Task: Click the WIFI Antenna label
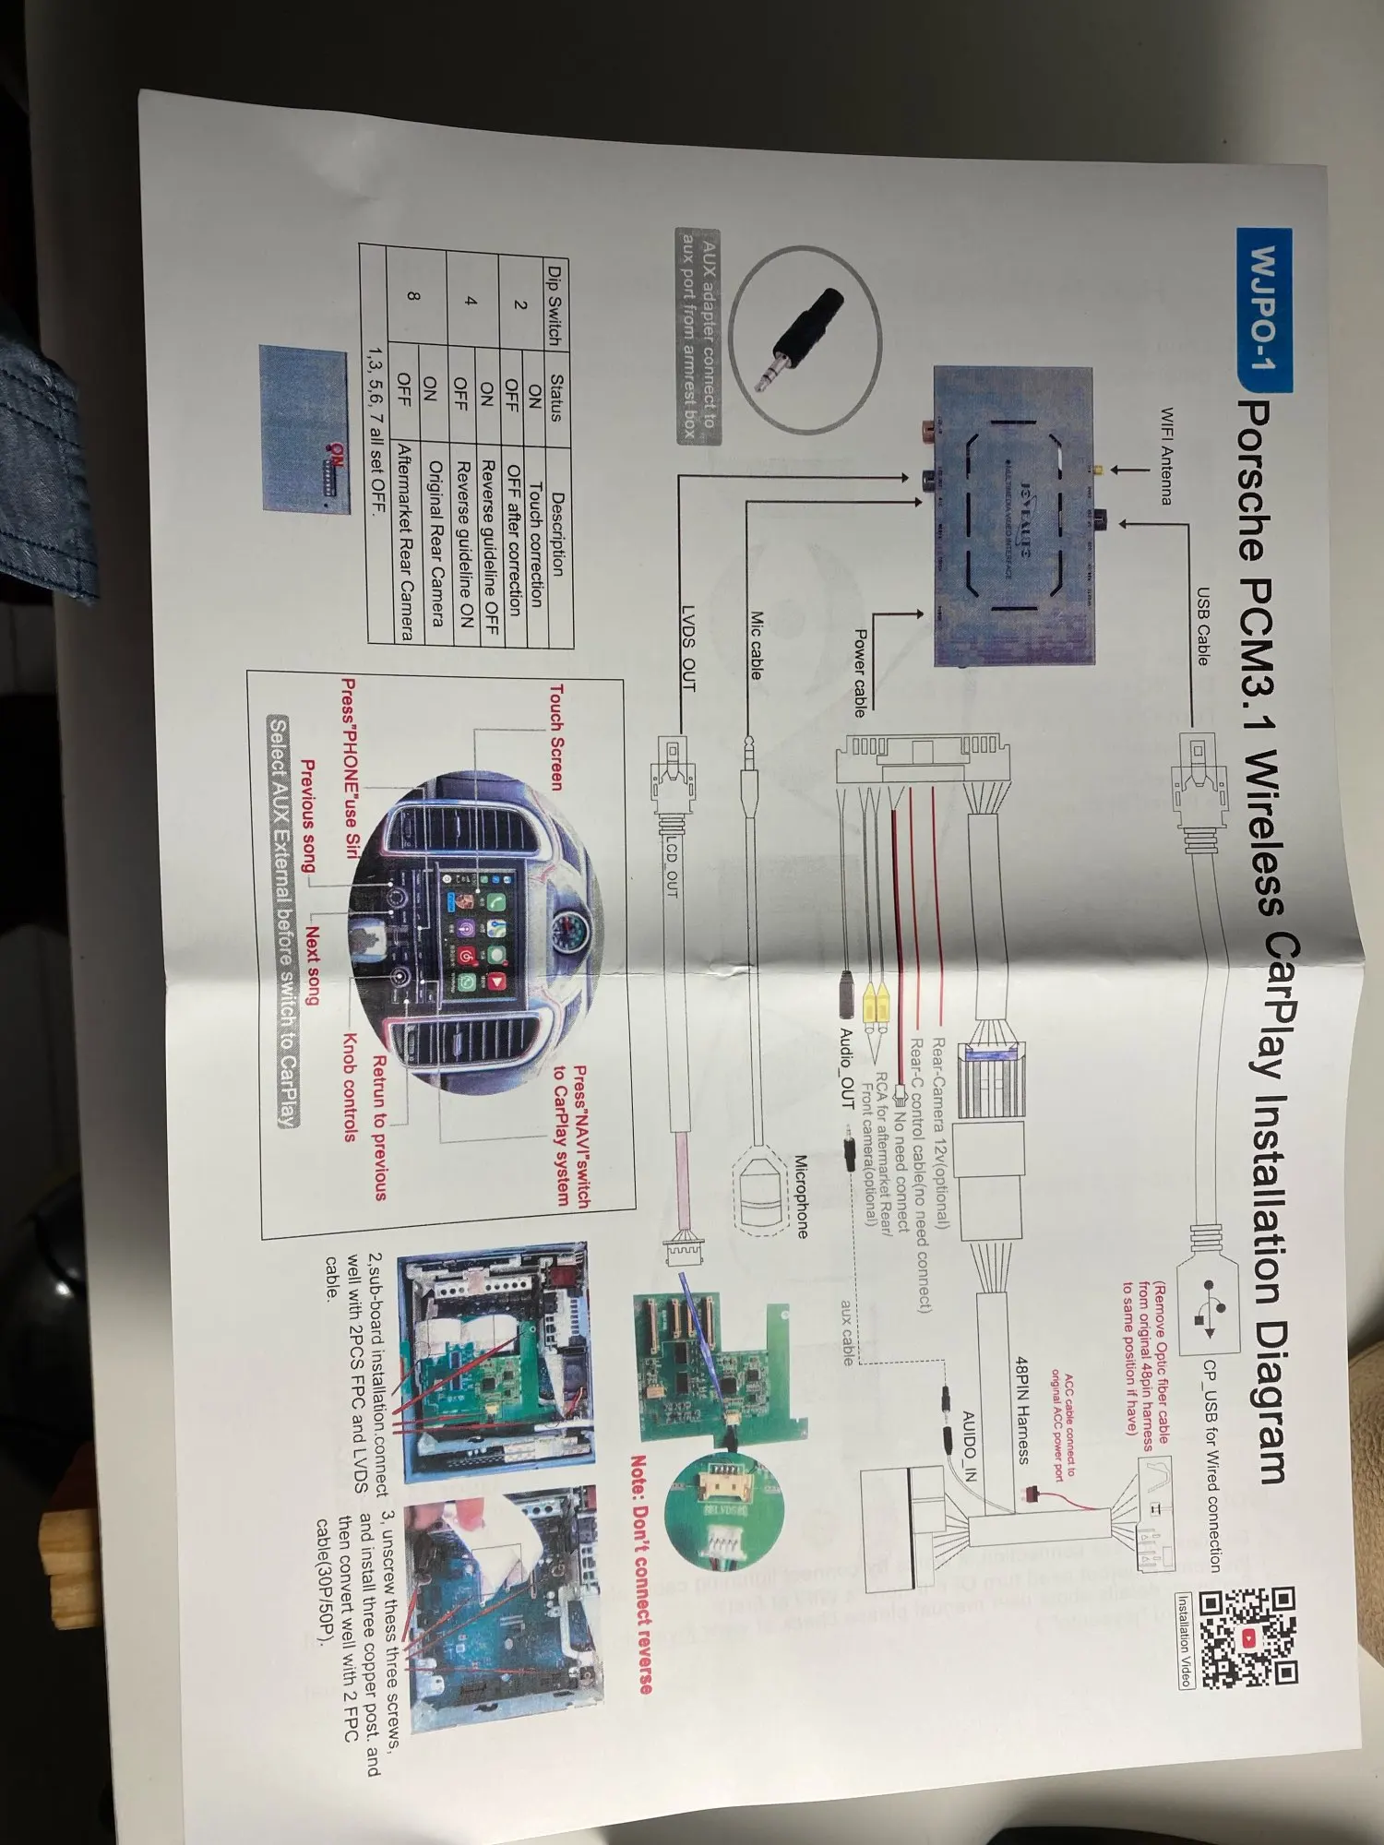(1165, 456)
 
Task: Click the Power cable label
(859, 673)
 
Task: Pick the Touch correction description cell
(535, 543)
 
